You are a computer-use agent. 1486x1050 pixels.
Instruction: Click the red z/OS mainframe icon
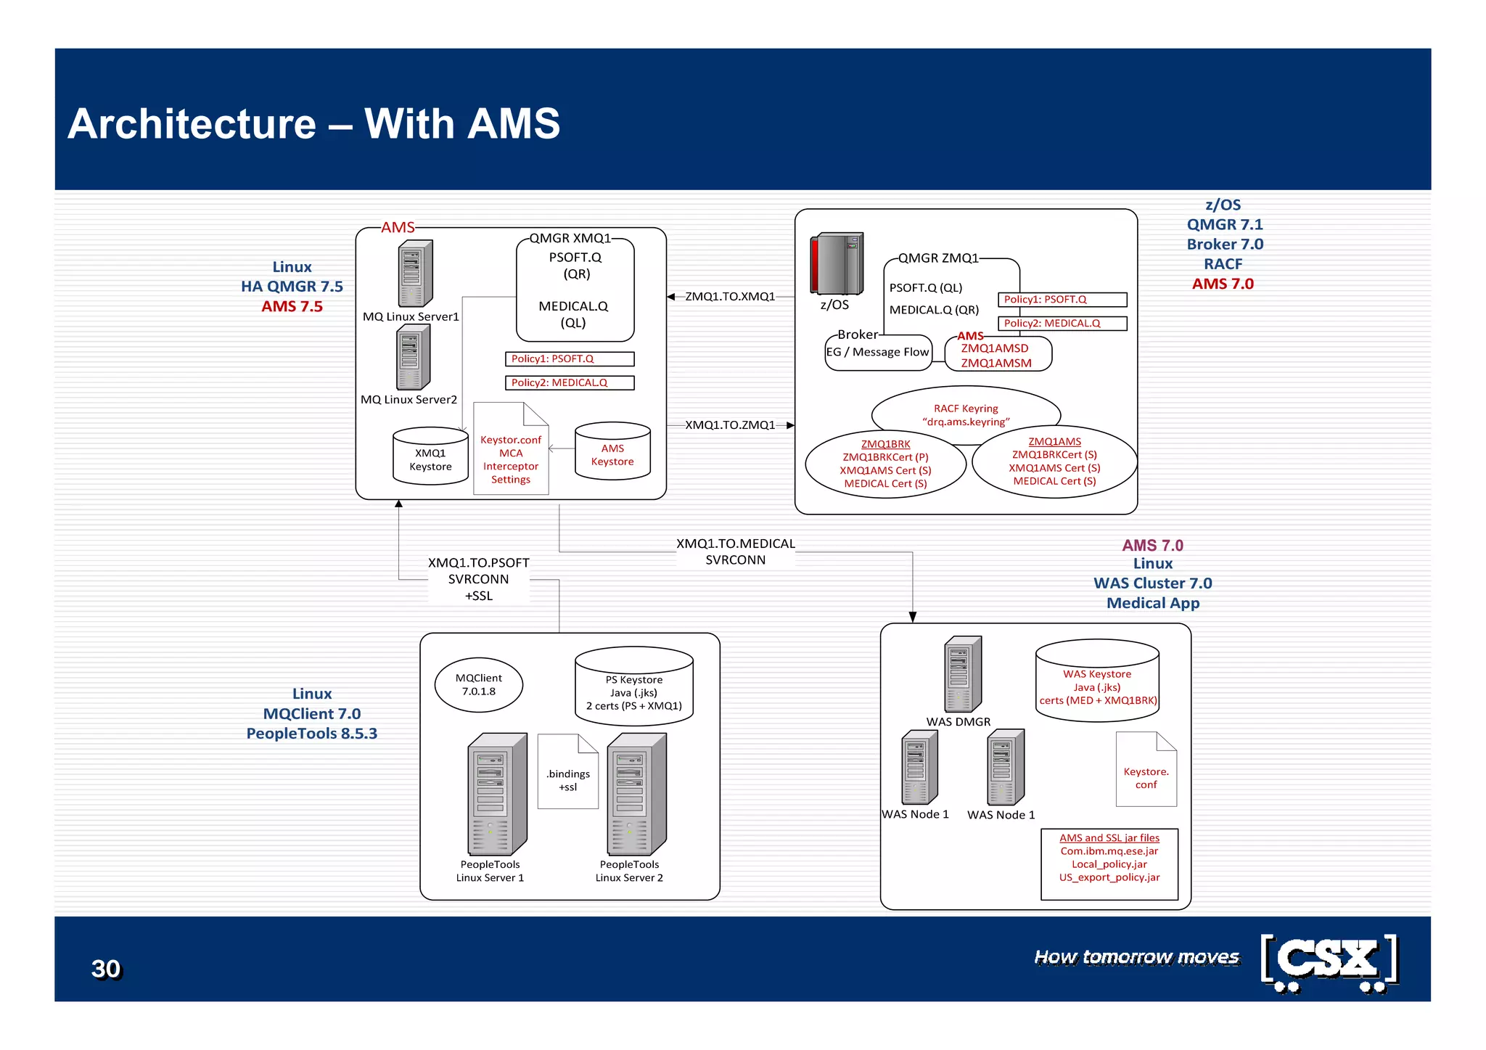click(837, 263)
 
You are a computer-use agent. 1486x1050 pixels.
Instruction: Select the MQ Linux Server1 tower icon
click(415, 274)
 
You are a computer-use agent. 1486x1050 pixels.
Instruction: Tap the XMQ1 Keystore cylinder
click(430, 456)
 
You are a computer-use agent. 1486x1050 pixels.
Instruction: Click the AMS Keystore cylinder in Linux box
click(612, 451)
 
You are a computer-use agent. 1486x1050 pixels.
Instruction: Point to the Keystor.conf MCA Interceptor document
click(511, 450)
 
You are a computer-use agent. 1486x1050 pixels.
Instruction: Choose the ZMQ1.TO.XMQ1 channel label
click(730, 297)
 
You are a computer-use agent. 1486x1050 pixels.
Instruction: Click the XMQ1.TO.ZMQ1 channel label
click(730, 425)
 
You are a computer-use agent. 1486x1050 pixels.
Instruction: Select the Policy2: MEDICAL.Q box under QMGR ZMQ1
click(1062, 324)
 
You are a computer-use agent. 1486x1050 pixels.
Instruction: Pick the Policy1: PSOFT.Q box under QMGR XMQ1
click(570, 359)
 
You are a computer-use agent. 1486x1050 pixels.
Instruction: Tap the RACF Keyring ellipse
click(966, 411)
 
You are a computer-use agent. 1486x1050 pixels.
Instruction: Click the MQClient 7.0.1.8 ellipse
click(479, 685)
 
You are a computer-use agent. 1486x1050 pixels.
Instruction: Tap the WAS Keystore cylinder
click(1097, 681)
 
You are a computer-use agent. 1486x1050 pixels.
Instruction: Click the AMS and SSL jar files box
click(1109, 864)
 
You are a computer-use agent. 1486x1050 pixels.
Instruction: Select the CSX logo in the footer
click(1329, 961)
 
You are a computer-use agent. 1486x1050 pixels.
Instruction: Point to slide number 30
click(106, 969)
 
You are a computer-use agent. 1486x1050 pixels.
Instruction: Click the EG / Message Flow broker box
click(878, 353)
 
